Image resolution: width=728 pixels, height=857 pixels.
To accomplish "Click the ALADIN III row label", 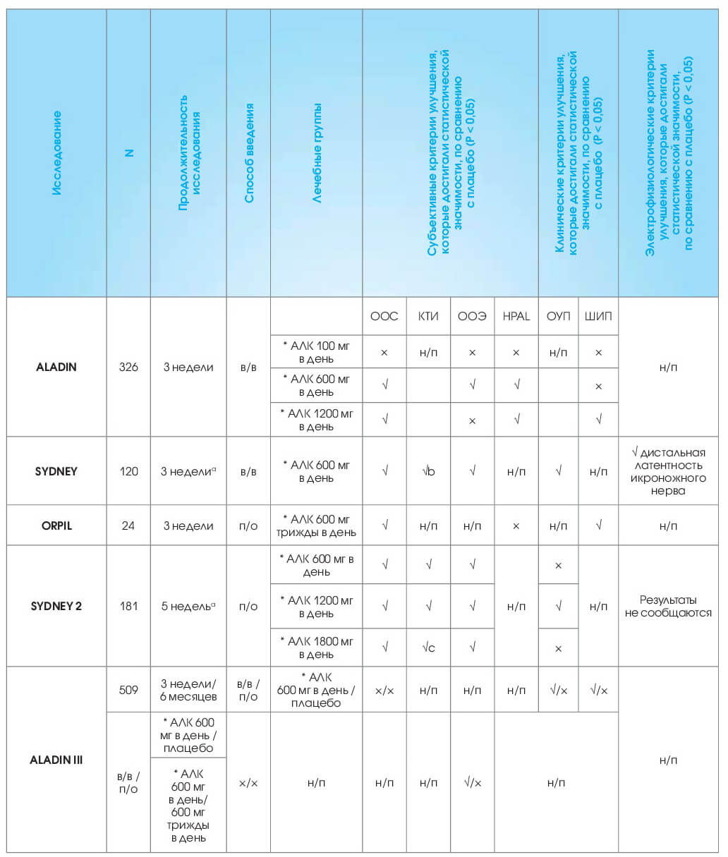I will coord(56,760).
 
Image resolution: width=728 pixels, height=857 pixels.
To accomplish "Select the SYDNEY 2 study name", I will coord(56,606).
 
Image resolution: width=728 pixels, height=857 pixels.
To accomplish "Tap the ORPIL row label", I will coord(56,525).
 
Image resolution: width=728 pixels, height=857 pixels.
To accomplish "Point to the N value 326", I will coord(128,367).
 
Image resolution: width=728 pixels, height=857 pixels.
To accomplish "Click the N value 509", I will coord(128,690).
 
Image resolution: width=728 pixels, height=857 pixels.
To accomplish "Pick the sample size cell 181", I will coord(128,606).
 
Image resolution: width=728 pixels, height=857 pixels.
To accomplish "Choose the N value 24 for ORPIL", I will coord(128,525).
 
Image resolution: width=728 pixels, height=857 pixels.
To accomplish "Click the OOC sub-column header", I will coord(384,316).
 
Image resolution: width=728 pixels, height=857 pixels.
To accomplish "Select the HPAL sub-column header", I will coord(516,316).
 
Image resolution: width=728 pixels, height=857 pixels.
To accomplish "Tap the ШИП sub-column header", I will coord(598,316).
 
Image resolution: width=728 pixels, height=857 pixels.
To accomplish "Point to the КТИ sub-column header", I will coord(428,316).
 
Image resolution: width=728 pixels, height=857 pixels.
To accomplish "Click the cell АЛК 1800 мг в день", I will coord(317,648).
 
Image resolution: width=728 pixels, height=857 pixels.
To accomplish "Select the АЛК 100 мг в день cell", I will coord(317,352).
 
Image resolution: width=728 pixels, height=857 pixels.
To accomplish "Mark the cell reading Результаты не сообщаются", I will coord(668,606).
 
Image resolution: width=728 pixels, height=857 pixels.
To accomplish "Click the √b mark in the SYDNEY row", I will coord(428,471).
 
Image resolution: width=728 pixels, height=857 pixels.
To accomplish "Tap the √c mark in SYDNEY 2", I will coord(428,648).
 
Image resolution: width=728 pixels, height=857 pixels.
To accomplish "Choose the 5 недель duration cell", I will coord(188,606).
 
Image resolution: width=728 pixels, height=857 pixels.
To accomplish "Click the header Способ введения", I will coord(248,153).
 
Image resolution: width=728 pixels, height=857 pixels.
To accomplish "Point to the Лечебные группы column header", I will coord(317,153).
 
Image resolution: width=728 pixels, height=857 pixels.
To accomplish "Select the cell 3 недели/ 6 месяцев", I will coord(188,690).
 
